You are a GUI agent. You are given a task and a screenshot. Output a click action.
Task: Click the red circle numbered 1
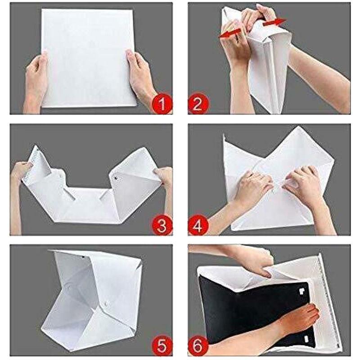click(x=162, y=104)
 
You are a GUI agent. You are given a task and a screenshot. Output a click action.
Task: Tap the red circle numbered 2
click(x=198, y=104)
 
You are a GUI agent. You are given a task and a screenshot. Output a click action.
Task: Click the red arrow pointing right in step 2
click(x=274, y=22)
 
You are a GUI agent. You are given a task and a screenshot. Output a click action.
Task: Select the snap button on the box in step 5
click(x=107, y=303)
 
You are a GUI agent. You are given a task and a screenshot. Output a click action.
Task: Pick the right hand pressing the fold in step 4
click(x=306, y=184)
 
